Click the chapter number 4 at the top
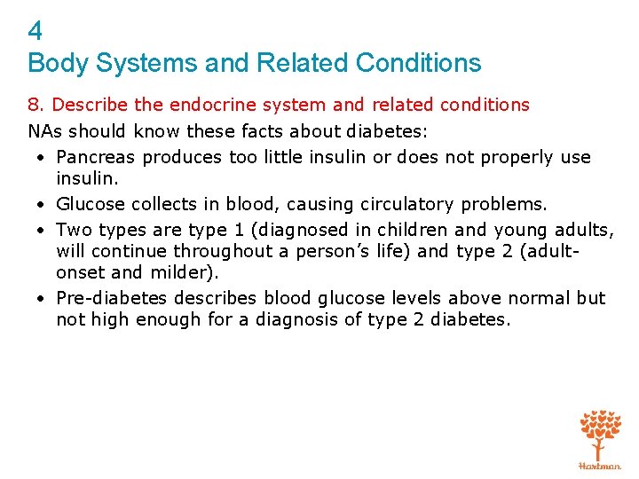[35, 32]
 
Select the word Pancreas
[96, 157]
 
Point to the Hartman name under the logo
[600, 465]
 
